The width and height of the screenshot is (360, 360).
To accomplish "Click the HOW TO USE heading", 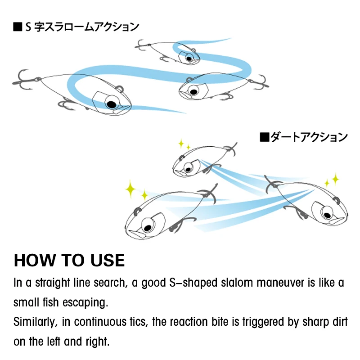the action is point(69,261).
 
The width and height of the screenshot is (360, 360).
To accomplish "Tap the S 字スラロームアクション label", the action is point(82,27).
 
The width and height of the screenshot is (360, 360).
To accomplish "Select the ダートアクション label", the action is point(309,137).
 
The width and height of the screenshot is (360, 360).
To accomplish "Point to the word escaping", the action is point(85,302).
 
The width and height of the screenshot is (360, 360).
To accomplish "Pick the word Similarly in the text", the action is point(35,322).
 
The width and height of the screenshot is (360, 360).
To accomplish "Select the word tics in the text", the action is point(138,322).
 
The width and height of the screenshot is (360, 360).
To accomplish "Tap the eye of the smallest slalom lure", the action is point(189,58).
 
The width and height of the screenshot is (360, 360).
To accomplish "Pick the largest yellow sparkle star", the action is point(130,189).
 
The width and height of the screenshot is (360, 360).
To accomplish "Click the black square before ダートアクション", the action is point(264,137).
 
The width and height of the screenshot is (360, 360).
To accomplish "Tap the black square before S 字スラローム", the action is point(18,27).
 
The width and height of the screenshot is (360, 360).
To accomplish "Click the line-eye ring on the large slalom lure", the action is point(120,89).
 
